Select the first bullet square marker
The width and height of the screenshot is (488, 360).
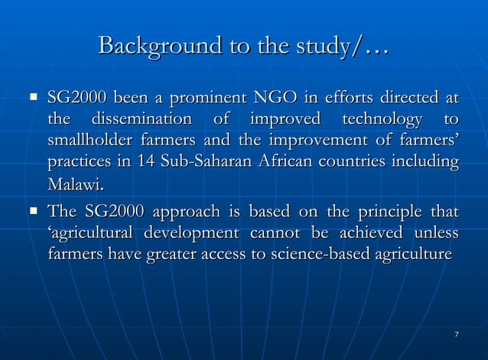point(33,98)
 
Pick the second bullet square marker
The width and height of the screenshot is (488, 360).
point(33,210)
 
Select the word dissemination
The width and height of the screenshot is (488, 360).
point(142,120)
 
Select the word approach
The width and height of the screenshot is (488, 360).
point(154,211)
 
